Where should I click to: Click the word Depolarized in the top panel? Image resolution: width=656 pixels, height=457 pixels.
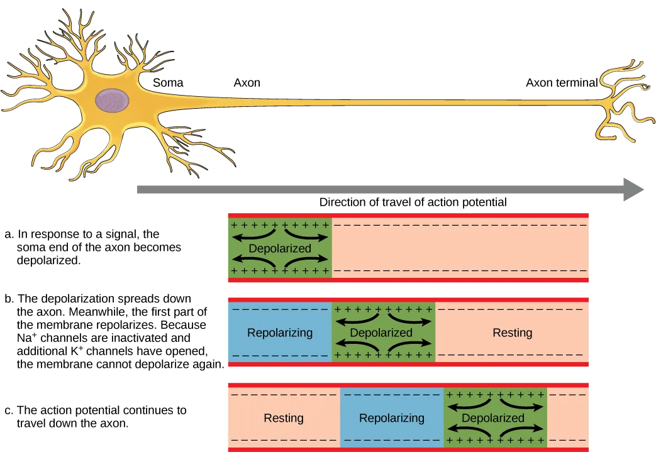coord(280,248)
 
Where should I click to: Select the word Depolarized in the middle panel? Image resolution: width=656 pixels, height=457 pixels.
coord(381,333)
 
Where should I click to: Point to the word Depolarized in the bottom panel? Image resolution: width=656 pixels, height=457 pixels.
coord(492,418)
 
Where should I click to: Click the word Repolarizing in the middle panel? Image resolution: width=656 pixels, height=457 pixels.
coord(280,333)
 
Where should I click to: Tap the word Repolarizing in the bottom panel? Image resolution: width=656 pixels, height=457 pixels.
coord(391,418)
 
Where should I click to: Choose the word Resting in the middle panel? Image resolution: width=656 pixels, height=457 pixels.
coord(512,333)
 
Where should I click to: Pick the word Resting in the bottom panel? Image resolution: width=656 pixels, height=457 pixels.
coord(284,418)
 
